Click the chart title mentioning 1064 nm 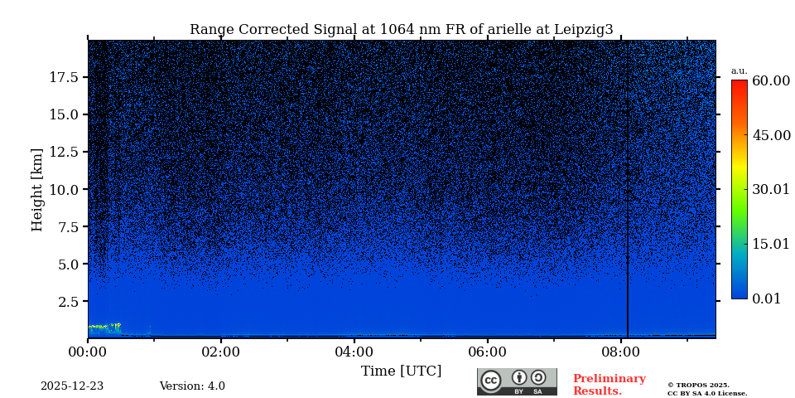[401, 30]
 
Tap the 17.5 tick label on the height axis [64, 77]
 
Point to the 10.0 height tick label [64, 189]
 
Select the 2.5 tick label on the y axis [68, 302]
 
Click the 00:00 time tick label [88, 352]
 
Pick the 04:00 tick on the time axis [354, 352]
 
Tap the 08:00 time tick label [620, 352]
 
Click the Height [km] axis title [37, 189]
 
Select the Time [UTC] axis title [401, 371]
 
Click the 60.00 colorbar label [770, 81]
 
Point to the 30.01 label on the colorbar [770, 190]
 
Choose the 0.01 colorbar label [766, 298]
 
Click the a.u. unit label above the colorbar [739, 71]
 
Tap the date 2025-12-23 [72, 386]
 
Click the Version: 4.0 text [192, 386]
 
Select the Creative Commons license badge [517, 381]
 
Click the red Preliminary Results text [609, 385]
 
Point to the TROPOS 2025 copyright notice [706, 389]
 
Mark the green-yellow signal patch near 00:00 [104, 327]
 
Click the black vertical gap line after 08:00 [628, 191]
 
